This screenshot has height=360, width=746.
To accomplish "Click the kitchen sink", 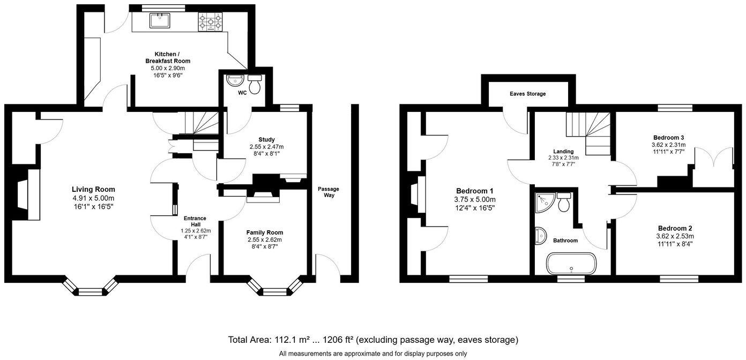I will tap(160, 21).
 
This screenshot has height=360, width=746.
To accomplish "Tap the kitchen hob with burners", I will tap(211, 22).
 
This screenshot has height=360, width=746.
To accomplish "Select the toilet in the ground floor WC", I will tap(255, 84).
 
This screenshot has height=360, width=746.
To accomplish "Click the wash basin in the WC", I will tap(235, 81).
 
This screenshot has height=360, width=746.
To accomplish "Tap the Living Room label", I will tap(93, 189).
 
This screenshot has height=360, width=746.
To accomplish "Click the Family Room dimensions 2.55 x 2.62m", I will tap(264, 239).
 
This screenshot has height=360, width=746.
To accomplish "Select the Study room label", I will tap(266, 139).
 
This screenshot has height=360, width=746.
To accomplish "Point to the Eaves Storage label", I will tap(527, 94).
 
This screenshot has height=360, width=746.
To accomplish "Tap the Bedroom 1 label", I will tap(474, 191).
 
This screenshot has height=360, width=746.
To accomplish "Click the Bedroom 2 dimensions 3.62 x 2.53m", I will tap(675, 236).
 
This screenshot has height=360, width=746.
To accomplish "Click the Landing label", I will tap(563, 152).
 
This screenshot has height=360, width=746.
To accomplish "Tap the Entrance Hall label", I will tap(195, 221).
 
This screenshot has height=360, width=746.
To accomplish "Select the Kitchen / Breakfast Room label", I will tap(167, 57).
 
